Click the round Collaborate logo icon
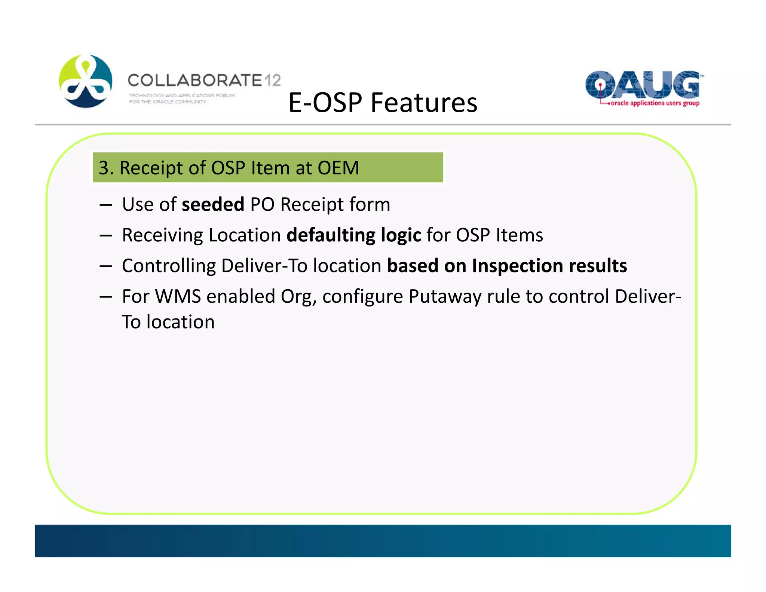click(x=86, y=81)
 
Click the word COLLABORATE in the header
click(x=195, y=80)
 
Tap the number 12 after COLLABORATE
click(x=273, y=80)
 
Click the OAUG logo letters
click(x=642, y=85)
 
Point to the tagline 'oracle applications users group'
click(x=655, y=103)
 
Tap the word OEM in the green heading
click(x=338, y=168)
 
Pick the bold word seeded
click(x=213, y=204)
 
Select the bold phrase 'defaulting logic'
click(x=353, y=235)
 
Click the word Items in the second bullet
click(x=519, y=235)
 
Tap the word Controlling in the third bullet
click(x=169, y=266)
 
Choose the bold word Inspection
click(x=517, y=266)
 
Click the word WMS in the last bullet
click(x=178, y=296)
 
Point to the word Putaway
click(x=445, y=296)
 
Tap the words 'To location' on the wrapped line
click(x=168, y=322)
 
